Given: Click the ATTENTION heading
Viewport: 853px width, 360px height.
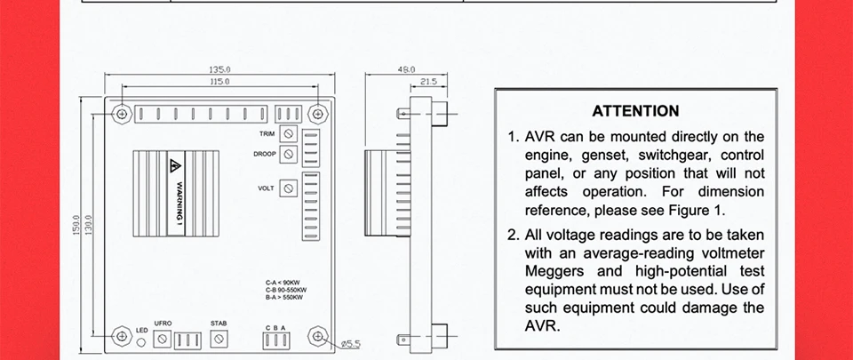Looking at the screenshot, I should [635, 111].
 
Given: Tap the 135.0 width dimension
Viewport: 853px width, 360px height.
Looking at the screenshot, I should [219, 68].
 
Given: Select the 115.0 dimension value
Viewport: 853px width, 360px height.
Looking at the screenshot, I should [219, 81].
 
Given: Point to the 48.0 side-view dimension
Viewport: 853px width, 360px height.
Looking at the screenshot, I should [406, 68].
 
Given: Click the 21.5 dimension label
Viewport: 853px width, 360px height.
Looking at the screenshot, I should [427, 81].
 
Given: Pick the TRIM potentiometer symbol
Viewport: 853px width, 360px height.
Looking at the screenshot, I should [289, 133].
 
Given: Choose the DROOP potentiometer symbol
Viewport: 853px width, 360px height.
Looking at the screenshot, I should [289, 154].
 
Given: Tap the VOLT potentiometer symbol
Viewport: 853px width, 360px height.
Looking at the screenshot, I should [289, 188].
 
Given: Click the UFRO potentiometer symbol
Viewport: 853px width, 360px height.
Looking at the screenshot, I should [162, 339].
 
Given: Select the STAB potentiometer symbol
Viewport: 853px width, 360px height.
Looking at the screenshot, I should [219, 339].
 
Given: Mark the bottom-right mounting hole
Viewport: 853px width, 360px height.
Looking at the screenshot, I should [317, 336].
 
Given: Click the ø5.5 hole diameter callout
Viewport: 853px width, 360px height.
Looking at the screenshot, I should [350, 342].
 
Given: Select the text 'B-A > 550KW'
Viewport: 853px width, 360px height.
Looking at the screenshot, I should [285, 297].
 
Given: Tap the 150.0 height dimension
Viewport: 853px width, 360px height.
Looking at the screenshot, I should [77, 226].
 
